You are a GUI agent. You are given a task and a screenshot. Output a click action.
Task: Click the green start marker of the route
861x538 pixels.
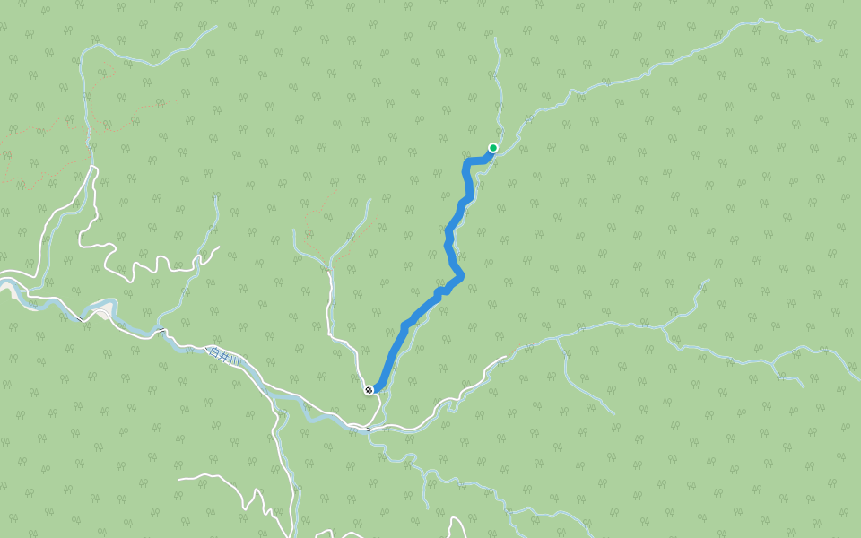492,148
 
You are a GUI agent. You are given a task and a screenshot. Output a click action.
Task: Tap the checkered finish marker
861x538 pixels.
369,389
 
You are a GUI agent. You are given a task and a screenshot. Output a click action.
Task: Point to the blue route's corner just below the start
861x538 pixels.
466,162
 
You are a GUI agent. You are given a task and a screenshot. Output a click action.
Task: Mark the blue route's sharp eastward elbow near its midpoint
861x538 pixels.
461,274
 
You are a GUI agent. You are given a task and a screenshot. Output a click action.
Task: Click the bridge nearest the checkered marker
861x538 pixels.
368,430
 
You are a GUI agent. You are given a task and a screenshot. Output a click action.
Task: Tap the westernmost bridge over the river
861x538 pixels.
80,317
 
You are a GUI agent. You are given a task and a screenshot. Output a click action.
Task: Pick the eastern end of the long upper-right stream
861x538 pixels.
821,40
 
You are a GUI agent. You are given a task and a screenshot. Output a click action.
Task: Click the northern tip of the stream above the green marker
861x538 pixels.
494,38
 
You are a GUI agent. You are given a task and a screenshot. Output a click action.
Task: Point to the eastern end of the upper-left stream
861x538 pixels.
216,26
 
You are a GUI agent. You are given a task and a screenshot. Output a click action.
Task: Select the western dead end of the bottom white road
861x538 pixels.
178,478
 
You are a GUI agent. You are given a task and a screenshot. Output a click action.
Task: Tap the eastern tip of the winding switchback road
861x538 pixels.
219,247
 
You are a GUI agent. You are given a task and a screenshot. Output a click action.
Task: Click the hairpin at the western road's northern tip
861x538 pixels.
93,167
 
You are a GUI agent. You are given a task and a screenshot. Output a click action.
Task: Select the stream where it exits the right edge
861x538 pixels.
858,378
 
